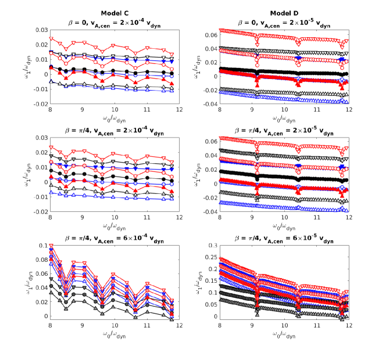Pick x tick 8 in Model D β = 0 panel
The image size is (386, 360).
click(220, 110)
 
